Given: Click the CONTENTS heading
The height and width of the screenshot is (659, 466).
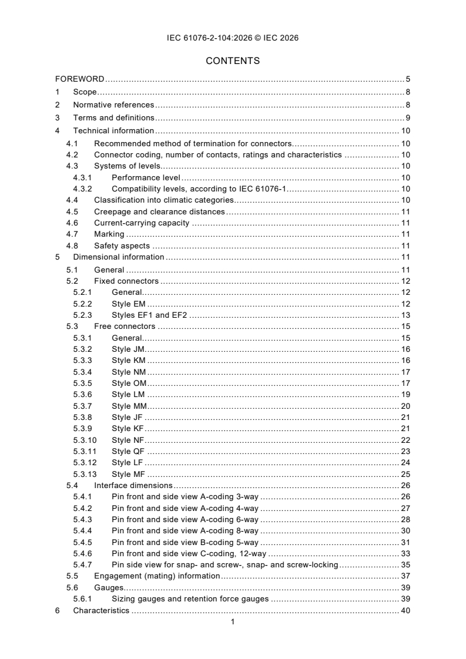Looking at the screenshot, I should click(x=233, y=60).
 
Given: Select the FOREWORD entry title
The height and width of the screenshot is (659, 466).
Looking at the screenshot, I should click(x=80, y=79).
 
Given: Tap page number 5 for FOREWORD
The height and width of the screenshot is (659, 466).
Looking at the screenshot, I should click(x=407, y=79).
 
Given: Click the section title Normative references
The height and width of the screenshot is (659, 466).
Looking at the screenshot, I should click(x=113, y=105).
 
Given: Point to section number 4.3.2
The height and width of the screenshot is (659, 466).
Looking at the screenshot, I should click(x=83, y=189).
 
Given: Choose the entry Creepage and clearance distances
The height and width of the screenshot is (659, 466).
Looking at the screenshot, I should click(x=159, y=211).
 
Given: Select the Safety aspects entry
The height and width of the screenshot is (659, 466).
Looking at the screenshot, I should click(x=122, y=246).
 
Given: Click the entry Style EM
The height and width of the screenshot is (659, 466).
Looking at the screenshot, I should click(x=129, y=304).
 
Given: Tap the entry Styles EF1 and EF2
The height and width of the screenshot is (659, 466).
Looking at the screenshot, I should click(x=149, y=315).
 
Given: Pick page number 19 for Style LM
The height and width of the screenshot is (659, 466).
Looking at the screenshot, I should click(x=405, y=395).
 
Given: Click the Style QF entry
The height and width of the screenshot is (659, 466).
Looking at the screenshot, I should click(x=128, y=452).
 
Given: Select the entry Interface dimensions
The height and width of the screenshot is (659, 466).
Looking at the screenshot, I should click(x=133, y=486).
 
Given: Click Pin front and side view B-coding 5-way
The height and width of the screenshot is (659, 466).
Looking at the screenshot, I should click(x=185, y=542).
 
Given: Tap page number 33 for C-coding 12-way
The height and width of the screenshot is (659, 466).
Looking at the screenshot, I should click(x=405, y=553).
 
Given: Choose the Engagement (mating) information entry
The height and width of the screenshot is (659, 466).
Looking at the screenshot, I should click(x=157, y=576).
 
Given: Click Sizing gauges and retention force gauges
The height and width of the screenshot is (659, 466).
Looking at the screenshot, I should click(x=190, y=599).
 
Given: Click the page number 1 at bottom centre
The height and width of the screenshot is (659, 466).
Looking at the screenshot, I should click(x=233, y=623).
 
